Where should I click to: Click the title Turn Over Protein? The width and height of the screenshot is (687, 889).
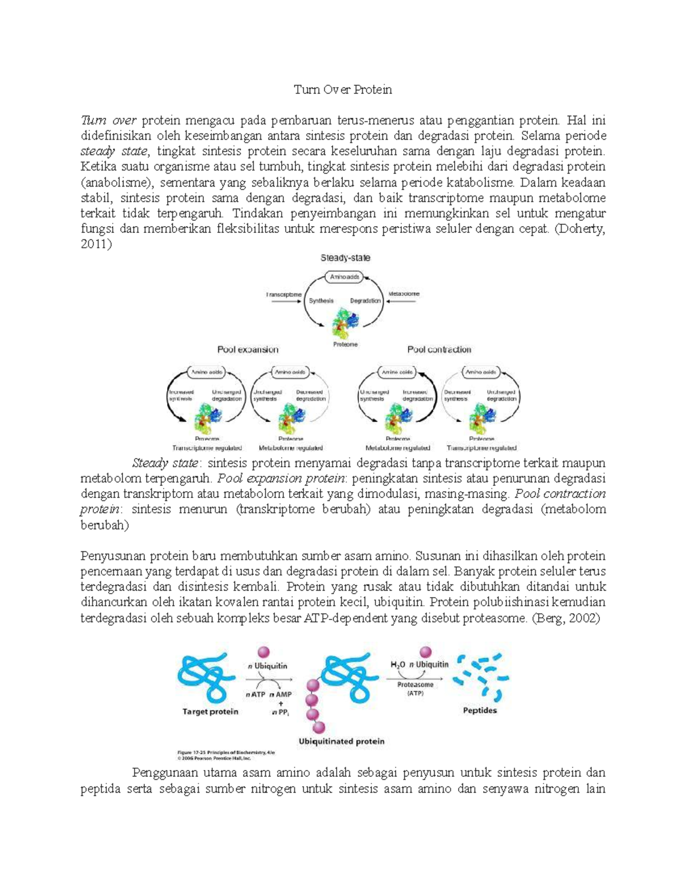(343, 90)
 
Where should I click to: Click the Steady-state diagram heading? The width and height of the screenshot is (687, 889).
(345, 258)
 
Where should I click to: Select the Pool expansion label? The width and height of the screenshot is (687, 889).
(247, 349)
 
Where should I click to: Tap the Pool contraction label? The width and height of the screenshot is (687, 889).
(439, 349)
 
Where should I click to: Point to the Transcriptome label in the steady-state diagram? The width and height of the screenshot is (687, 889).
(283, 294)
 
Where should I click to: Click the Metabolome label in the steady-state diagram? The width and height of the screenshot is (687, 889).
(404, 294)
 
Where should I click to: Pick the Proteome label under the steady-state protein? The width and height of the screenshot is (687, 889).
(345, 345)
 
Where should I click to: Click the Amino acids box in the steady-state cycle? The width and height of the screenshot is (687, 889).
(345, 277)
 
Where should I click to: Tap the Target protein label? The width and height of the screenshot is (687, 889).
(210, 712)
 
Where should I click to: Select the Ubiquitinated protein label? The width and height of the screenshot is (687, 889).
(341, 741)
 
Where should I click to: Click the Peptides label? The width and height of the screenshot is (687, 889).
(480, 710)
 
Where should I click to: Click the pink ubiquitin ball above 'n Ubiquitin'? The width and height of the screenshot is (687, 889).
(263, 652)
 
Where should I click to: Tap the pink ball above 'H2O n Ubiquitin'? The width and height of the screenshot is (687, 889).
(425, 651)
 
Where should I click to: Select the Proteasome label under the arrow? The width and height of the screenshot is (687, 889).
(415, 685)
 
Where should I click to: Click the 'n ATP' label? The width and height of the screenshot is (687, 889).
(256, 694)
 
